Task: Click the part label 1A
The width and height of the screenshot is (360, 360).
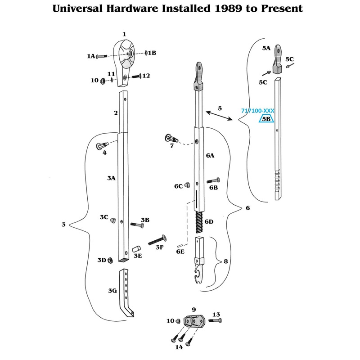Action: [91, 56]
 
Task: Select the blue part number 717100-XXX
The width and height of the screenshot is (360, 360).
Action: [257, 111]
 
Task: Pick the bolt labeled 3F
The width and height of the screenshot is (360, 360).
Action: [156, 239]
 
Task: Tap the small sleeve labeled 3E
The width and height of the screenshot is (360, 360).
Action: [135, 250]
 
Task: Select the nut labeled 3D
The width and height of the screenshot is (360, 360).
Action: [110, 261]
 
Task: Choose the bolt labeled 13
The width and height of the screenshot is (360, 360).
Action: [215, 320]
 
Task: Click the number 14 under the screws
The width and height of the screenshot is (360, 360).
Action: [179, 347]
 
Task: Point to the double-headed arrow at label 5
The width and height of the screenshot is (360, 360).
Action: [218, 115]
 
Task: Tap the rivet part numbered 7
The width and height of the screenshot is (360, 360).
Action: [172, 138]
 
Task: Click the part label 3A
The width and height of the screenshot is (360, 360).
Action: [111, 178]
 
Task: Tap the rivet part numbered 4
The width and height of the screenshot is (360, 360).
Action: [101, 146]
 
